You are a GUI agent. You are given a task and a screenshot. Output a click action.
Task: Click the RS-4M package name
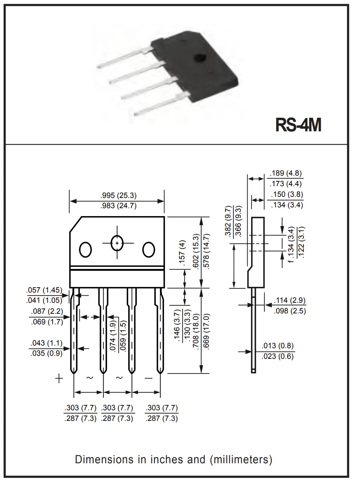point(298,125)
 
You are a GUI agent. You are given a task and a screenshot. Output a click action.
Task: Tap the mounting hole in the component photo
point(200,58)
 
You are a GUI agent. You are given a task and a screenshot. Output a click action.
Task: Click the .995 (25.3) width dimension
point(118,195)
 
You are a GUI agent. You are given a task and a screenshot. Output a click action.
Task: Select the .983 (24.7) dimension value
point(118,206)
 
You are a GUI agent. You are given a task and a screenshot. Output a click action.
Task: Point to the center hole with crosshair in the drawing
point(117,243)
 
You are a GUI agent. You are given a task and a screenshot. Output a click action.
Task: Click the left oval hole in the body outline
point(85,250)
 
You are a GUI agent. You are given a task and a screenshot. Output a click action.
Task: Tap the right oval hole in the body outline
point(149,250)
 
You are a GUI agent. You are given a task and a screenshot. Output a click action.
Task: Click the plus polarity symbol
point(59,378)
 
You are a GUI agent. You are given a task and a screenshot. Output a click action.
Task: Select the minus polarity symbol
point(149,378)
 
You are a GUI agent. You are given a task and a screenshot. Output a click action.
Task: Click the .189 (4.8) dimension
point(286,173)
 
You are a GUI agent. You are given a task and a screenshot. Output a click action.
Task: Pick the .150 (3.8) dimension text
point(287,194)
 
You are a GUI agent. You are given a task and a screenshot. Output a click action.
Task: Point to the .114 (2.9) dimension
point(290,301)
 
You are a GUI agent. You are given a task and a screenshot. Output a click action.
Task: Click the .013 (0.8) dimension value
point(278,346)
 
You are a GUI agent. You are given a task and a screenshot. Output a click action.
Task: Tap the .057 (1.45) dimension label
point(44,290)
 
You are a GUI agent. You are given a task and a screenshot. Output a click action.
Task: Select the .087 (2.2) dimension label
point(47,311)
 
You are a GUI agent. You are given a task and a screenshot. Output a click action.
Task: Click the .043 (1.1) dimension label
point(47,343)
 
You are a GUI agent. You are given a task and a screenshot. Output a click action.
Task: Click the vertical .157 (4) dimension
point(182,253)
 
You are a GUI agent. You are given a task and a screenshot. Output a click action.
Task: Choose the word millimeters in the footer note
point(241,459)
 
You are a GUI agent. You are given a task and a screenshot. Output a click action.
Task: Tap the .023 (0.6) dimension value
point(278,356)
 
